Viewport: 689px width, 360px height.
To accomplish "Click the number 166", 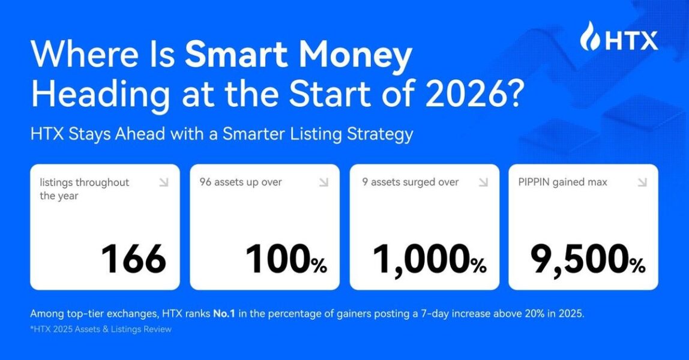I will point(133,259).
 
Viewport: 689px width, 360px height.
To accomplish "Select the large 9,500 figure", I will point(579,260).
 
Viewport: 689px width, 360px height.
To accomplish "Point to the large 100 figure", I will point(277,260).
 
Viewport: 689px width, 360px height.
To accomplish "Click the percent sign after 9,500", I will point(636,265).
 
